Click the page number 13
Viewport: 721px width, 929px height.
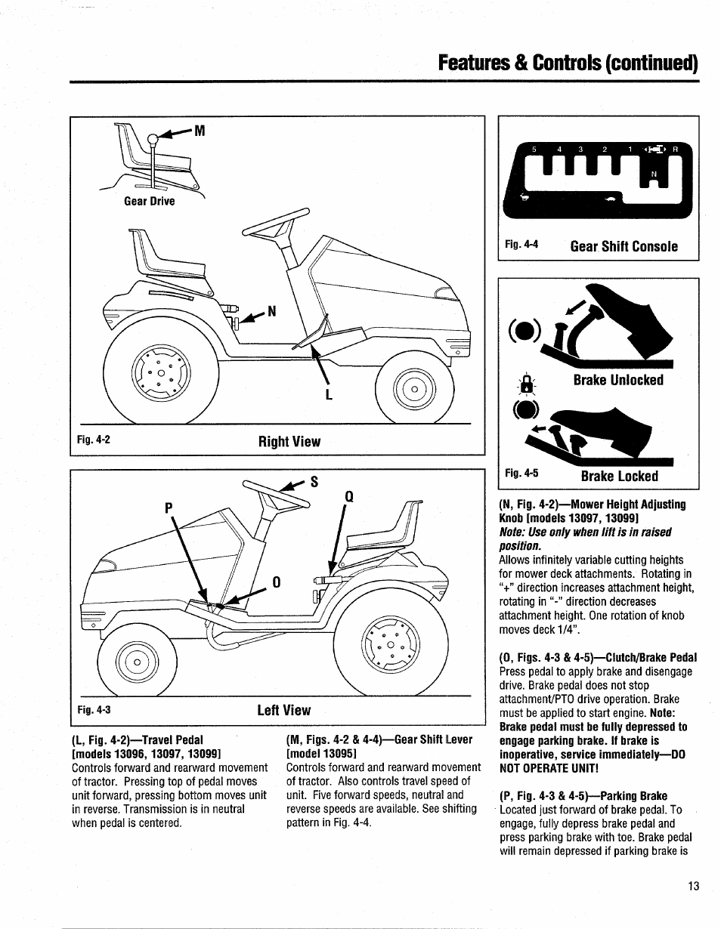[694, 886]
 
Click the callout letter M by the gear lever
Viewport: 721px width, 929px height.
[200, 131]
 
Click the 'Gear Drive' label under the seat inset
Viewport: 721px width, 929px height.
[150, 201]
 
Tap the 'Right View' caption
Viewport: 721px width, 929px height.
[289, 442]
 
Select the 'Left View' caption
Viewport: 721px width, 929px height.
[283, 710]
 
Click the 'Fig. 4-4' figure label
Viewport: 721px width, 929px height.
[521, 245]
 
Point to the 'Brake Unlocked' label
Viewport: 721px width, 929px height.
[617, 380]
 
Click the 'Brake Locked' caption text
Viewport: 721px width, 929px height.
[619, 476]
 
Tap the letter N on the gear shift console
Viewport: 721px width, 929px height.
[654, 175]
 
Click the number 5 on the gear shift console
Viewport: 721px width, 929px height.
[534, 150]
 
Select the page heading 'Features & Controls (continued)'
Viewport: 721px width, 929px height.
[568, 62]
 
